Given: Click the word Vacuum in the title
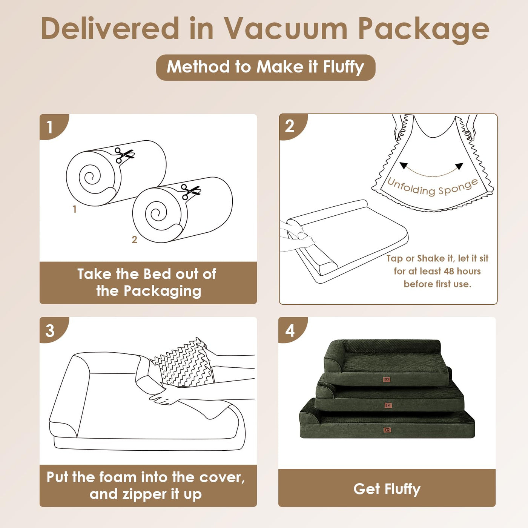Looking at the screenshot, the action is (x=286, y=29).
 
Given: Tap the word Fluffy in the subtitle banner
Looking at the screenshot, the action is (x=343, y=68).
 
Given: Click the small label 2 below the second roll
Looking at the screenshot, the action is (x=134, y=239).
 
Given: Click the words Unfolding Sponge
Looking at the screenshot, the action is (x=432, y=187).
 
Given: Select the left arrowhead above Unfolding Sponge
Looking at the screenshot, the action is (x=403, y=165).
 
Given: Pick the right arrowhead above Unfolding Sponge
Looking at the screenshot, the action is (x=459, y=166).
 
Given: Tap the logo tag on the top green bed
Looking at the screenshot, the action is (x=387, y=379).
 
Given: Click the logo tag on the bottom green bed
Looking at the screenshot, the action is (x=387, y=430).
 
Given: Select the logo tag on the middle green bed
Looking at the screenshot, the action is (x=387, y=405).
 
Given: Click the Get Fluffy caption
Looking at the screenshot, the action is (x=387, y=490).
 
